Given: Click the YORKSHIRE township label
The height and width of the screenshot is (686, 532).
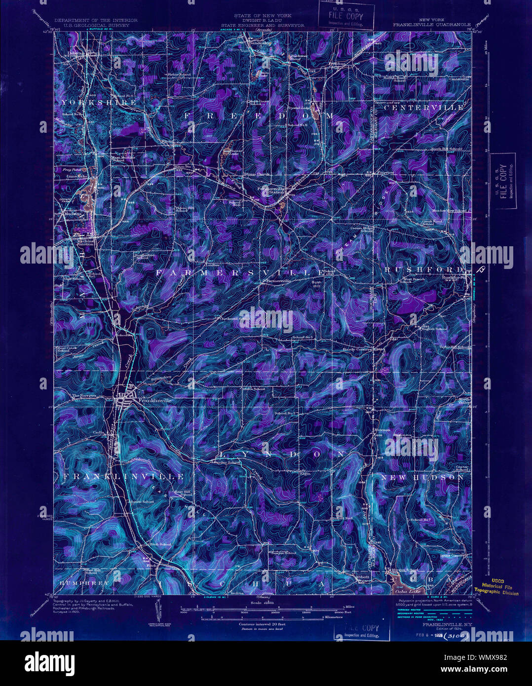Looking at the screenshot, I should (98, 103).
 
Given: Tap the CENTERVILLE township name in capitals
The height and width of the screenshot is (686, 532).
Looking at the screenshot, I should (424, 107).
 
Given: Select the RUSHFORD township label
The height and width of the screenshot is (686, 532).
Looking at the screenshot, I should (423, 269).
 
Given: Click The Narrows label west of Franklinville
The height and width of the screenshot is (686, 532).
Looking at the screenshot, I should (82, 396).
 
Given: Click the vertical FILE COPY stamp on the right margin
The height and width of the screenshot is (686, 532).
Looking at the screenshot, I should (503, 181).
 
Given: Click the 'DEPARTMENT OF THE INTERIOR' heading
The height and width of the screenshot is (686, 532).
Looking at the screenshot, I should (96, 20).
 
